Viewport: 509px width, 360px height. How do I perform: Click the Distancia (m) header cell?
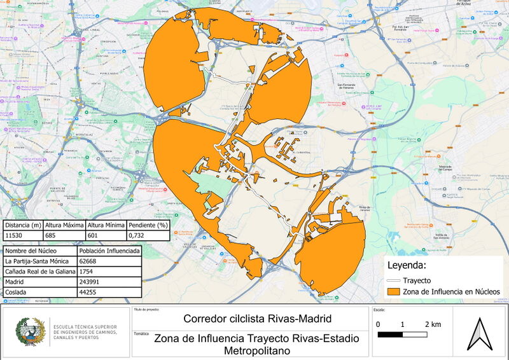pos(23,225)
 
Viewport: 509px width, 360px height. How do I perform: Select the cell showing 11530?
pos(15,235)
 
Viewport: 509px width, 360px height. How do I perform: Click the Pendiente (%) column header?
pos(148,225)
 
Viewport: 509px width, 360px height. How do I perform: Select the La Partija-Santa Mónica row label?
pos(36,261)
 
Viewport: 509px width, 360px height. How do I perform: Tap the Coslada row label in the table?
pos(17,293)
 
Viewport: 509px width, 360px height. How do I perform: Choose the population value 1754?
pos(87,272)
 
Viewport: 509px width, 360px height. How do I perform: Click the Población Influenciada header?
pos(104,251)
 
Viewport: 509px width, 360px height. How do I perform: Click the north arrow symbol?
pos(480,333)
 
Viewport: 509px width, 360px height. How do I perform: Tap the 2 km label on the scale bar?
pos(432,324)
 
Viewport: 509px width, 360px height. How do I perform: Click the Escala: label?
pos(380,311)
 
